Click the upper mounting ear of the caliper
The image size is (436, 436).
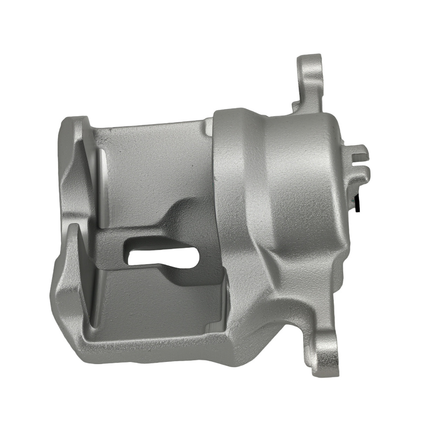pos(310,74)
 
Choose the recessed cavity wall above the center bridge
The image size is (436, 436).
pos(148,170)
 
